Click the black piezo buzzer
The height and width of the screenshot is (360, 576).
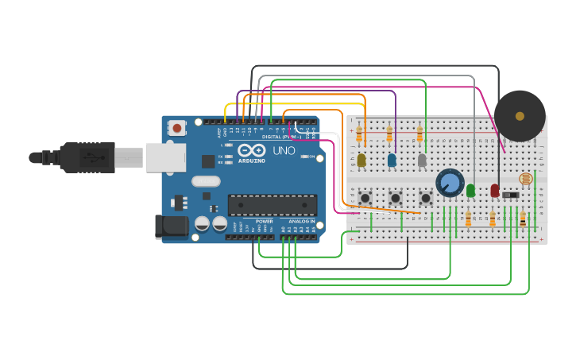pos(520,116)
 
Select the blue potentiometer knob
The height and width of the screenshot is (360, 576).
pos(450,182)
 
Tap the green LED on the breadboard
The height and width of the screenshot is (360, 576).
pos(470,190)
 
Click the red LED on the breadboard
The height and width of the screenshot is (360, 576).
pos(494,190)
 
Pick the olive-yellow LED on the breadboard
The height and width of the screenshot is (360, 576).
pos(361,160)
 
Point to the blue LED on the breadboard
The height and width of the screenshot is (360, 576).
pos(392,160)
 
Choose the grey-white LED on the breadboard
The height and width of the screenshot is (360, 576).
pos(422,160)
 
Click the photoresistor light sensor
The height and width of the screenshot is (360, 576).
pos(524,180)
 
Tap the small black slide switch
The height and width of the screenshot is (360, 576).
pos(512,195)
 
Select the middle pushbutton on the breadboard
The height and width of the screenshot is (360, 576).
pos(395,196)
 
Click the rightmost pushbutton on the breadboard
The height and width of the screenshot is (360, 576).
pos(425,196)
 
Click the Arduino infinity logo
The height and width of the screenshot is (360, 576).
pos(251,150)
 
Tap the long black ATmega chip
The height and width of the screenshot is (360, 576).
pos(272,205)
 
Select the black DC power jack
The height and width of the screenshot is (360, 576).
pos(171,227)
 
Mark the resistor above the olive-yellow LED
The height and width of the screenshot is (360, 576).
pos(359,135)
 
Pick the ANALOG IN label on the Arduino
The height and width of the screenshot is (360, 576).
pos(301,222)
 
